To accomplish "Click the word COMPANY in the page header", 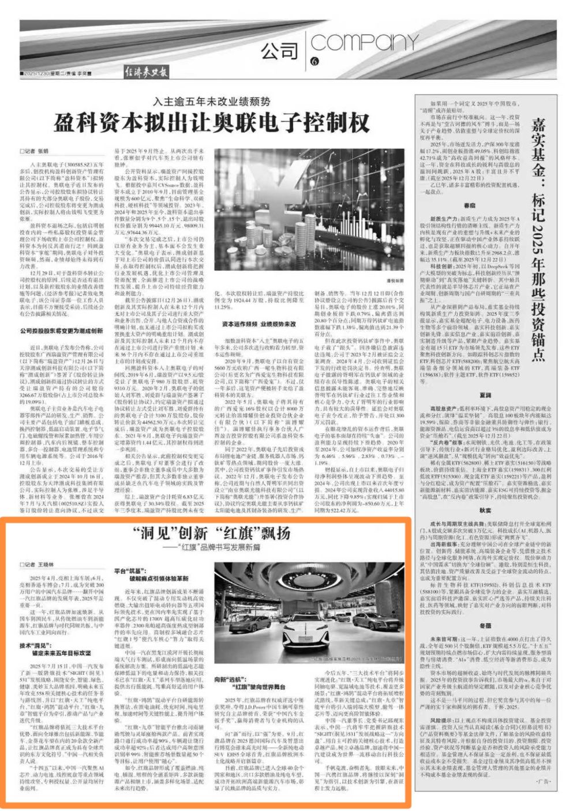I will click(354, 43).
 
